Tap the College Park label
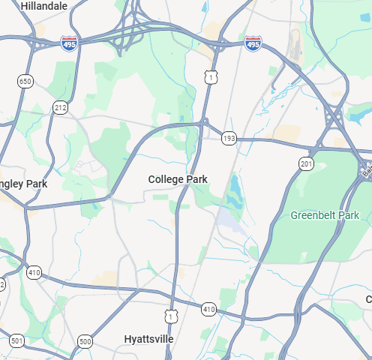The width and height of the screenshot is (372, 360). (x=178, y=179)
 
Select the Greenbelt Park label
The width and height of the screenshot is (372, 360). (x=325, y=215)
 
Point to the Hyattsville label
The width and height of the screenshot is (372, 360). (x=148, y=339)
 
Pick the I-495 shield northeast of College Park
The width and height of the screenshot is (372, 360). (x=253, y=45)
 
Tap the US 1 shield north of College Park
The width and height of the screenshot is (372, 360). (x=212, y=76)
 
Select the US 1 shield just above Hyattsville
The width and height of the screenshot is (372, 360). (x=172, y=317)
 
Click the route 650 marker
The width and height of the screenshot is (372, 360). (x=25, y=81)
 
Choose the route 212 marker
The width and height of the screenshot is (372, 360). (x=60, y=109)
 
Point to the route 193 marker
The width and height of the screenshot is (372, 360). (x=229, y=138)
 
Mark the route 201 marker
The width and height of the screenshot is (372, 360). (x=305, y=164)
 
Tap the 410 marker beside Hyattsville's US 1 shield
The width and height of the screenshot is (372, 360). (x=208, y=309)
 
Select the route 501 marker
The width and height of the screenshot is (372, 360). (x=16, y=341)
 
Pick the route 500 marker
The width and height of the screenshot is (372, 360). (x=85, y=341)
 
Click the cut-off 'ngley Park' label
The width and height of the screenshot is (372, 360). (x=24, y=184)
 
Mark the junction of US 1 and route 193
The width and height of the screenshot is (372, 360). (x=204, y=122)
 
